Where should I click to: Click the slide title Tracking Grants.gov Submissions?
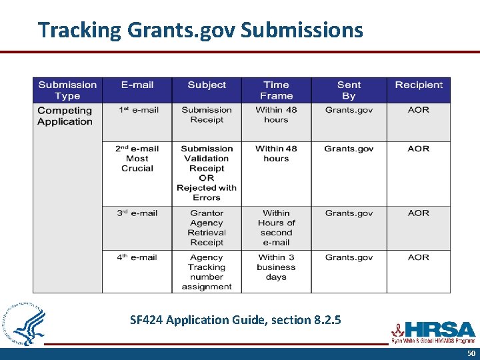coord(200,30)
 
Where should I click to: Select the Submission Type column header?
coord(67,90)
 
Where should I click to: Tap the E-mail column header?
coord(137,85)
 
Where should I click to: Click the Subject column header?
coord(207,85)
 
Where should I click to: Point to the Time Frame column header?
coord(276,90)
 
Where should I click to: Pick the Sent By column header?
coord(349,90)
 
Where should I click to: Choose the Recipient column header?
coord(419,85)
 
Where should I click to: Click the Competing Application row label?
coord(65,116)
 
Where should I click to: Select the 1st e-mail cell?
coord(138,110)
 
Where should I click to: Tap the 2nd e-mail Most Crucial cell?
coord(137,159)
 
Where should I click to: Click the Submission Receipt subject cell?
coord(207,115)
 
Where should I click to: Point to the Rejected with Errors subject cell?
coord(207,173)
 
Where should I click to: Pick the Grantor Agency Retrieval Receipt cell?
coord(207,228)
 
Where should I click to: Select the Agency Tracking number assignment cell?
coord(207,272)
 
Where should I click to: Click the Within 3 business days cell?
coord(276,267)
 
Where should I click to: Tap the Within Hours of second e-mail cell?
coord(276,228)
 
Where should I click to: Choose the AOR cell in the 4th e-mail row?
coord(419,257)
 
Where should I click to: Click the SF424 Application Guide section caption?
coord(235,320)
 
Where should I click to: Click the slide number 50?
coord(471,353)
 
